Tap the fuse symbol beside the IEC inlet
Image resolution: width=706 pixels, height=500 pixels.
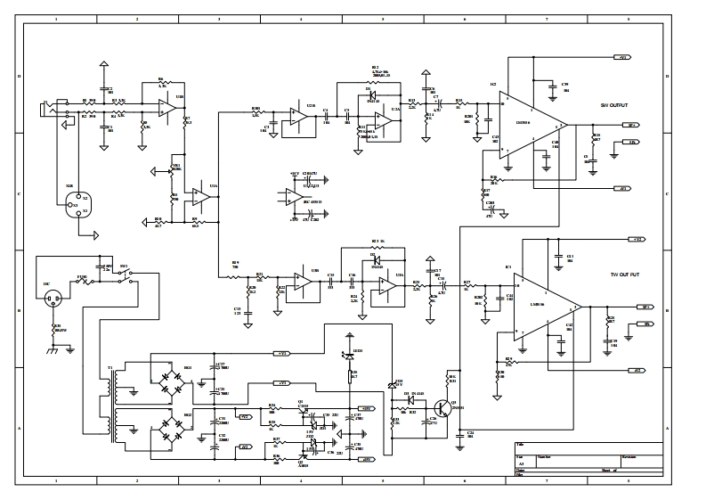click(x=83, y=280)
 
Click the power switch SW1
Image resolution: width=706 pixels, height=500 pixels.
click(x=125, y=277)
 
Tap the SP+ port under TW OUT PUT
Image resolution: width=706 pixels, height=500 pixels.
click(x=647, y=306)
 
